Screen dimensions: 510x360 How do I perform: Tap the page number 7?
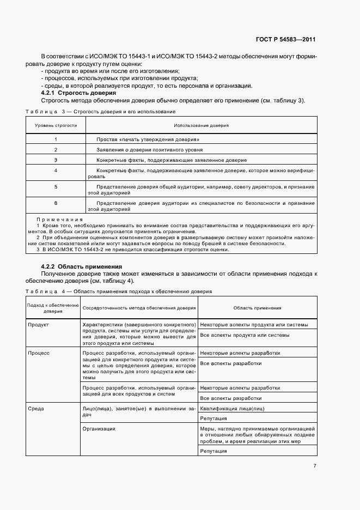[314, 466]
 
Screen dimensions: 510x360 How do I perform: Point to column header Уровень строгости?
[56, 125]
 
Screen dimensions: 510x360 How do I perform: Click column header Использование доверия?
[201, 125]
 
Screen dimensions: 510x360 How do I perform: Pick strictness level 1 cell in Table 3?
[56, 139]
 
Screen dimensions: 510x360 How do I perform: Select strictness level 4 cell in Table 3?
[56, 171]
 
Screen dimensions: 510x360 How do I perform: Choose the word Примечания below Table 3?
[55, 219]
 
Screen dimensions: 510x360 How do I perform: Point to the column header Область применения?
[257, 308]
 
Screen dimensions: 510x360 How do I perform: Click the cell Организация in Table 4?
[99, 429]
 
